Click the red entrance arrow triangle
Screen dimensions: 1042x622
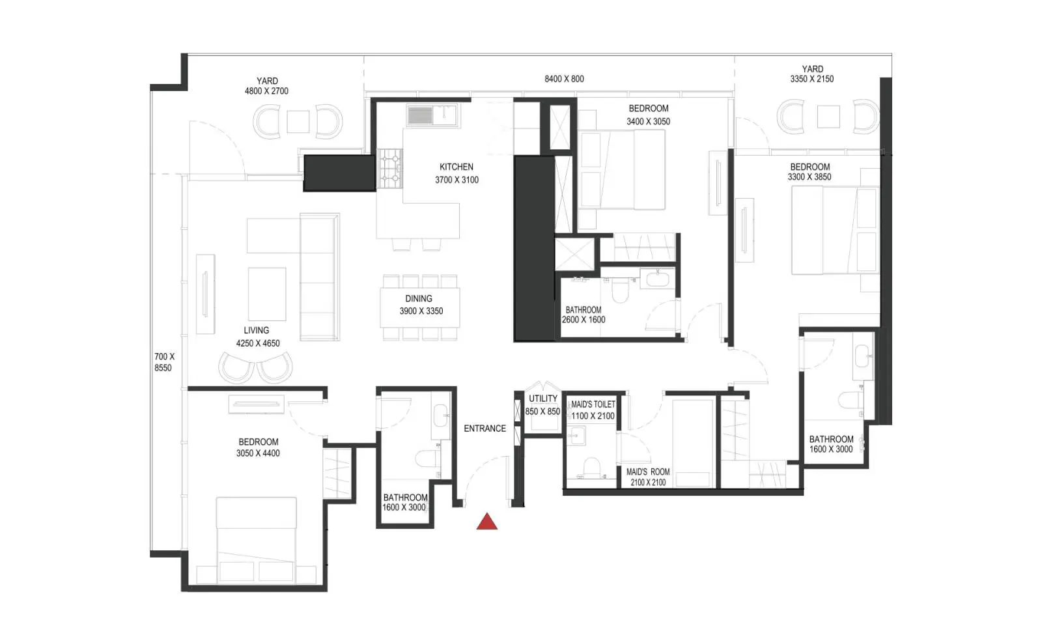pos(487,522)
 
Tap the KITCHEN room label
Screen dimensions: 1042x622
pos(457,167)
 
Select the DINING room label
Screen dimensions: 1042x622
pos(419,298)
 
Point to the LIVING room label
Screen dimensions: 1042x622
pos(257,330)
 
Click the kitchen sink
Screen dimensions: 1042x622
pos(432,115)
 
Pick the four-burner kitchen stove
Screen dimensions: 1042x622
pos(390,168)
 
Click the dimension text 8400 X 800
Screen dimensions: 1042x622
pos(564,79)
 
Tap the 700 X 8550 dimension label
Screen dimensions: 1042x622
pos(164,362)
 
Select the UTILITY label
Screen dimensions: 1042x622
pos(543,399)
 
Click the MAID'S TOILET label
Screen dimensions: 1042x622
pos(593,404)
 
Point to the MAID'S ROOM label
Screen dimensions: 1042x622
pos(648,472)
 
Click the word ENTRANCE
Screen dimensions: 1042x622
pos(485,429)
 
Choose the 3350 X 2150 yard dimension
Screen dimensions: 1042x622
pos(811,79)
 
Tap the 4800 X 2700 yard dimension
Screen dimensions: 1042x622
pos(266,91)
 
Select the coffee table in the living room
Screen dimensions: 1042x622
pos(267,294)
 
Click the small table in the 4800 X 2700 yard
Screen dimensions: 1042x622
pos(298,122)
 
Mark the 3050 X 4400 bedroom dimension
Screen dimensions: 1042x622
pos(258,453)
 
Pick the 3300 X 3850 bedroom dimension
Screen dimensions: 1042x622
pos(810,177)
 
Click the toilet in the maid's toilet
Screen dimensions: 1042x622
pos(592,467)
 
